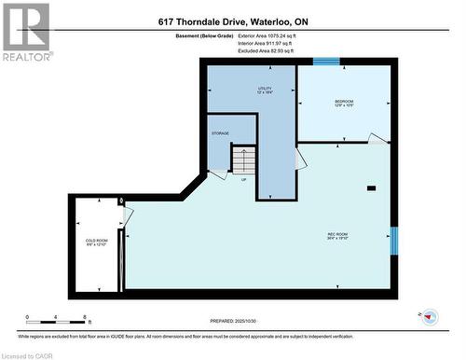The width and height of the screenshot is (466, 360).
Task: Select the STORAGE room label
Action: pyautogui.click(x=220, y=133)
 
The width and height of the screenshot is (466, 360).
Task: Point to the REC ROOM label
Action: pyautogui.click(x=336, y=235)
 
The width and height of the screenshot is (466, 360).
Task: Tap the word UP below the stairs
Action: pyautogui.click(x=244, y=179)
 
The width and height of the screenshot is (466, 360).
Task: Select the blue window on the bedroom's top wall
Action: pyautogui.click(x=325, y=62)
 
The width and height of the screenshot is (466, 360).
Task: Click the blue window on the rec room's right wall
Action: pyautogui.click(x=393, y=240)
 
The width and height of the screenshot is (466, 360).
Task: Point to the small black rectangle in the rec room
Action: pyautogui.click(x=371, y=188)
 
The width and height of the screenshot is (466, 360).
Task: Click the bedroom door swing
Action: pyautogui.click(x=377, y=139)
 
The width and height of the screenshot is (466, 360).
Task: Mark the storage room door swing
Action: pyautogui.click(x=217, y=173)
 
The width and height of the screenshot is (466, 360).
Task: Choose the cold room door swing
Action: pyautogui.click(x=126, y=217)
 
